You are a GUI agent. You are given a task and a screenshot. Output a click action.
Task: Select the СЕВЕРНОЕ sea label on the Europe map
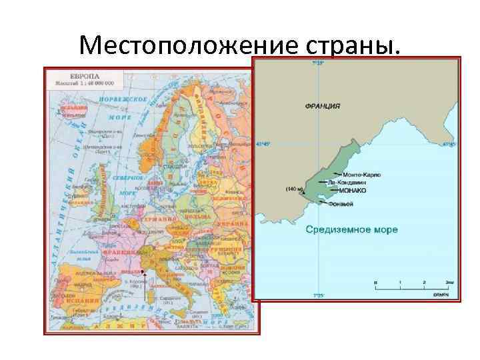pyautogui.click(x=127, y=178)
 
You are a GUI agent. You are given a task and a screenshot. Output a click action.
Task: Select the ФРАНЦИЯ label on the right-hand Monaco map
pyautogui.click(x=323, y=105)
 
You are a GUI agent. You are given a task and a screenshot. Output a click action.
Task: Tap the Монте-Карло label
pyautogui.click(x=361, y=175)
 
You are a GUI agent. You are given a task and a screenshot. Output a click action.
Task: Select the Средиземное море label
pyautogui.click(x=351, y=229)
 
